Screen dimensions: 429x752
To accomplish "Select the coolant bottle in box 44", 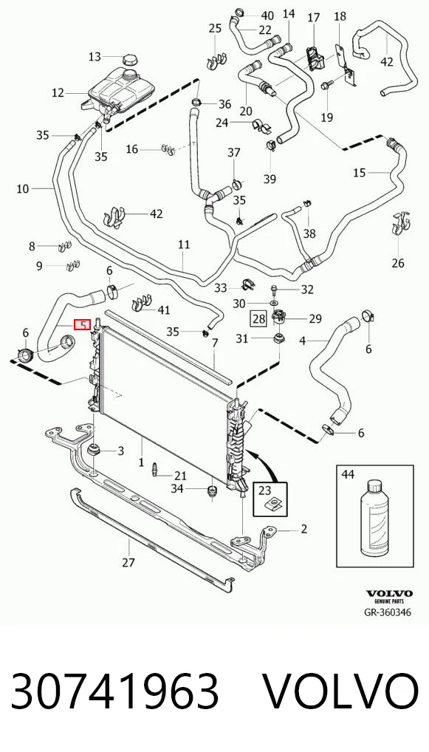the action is pos(375,521).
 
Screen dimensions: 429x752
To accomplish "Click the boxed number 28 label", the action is pos(259,318).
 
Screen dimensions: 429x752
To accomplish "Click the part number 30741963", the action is pos(115,691).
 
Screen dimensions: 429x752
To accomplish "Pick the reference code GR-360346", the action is pos(387,612).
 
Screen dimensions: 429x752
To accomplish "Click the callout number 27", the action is pos(128,563).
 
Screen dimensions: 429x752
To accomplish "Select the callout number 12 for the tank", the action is pos(58,92).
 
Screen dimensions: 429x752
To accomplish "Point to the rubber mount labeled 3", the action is pos(94,451).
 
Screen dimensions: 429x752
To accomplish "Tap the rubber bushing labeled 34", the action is pos(211,491).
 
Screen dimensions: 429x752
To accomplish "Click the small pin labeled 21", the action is pos(155,468).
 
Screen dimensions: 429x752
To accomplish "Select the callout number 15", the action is pos(360,173).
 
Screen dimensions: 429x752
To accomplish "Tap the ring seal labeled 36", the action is pos(197,102).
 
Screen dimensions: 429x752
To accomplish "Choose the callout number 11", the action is pos(184,245).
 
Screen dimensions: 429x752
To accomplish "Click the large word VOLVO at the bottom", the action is pos(340,691).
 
